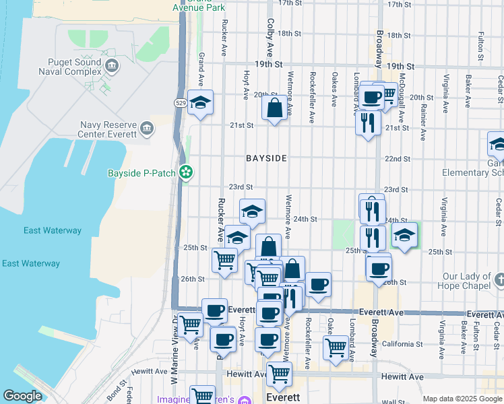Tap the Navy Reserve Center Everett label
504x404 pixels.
[108, 129]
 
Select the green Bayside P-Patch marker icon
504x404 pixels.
[187, 173]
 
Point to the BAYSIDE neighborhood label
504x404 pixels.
[266, 158]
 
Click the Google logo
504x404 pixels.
[22, 396]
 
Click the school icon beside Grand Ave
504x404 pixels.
[200, 102]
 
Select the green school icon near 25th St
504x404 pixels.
[404, 235]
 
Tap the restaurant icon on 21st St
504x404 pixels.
[367, 121]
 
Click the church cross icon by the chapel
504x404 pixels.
[498, 277]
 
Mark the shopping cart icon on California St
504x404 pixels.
[335, 347]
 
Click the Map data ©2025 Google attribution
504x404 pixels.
[462, 399]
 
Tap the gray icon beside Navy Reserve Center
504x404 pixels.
[146, 126]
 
